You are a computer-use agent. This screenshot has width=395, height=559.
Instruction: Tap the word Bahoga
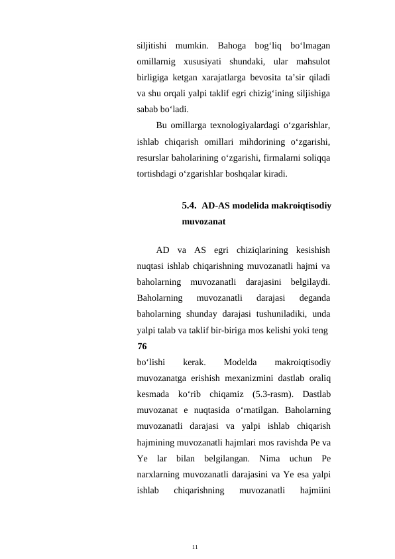click(x=231, y=46)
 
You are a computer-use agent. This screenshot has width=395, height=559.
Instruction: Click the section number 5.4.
click(x=190, y=206)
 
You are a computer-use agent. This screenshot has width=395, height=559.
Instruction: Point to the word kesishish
click(x=310, y=250)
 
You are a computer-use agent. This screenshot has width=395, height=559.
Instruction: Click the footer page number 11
click(x=195, y=546)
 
